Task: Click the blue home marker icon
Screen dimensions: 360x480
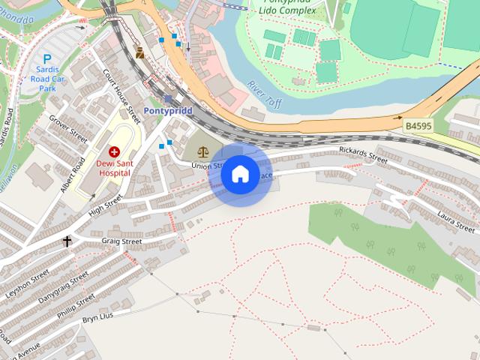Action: click(x=240, y=174)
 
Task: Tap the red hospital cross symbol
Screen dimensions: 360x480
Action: click(x=114, y=151)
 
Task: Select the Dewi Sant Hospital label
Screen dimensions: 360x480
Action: click(x=114, y=167)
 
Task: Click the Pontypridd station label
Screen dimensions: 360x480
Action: click(x=168, y=111)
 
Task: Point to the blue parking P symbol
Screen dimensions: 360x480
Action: click(x=47, y=58)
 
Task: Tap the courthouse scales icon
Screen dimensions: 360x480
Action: click(x=203, y=151)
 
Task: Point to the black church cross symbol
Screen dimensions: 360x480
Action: click(x=67, y=241)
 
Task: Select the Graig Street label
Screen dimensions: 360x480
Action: click(x=121, y=241)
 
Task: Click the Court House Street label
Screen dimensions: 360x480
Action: click(x=122, y=97)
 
